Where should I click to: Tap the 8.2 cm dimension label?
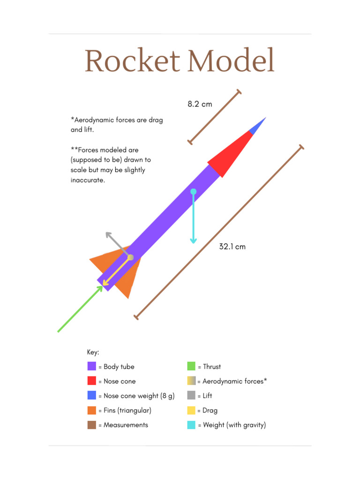point(200,104)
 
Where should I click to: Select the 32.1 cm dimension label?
point(232,246)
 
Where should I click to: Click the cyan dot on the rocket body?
point(193,191)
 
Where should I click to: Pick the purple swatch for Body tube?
point(92,367)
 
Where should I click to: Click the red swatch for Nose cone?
point(92,381)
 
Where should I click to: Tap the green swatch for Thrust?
point(191,367)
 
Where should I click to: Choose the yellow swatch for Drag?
point(191,410)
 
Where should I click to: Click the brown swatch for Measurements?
point(92,425)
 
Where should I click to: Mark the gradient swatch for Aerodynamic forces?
point(191,381)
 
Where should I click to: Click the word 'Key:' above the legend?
point(93,352)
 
